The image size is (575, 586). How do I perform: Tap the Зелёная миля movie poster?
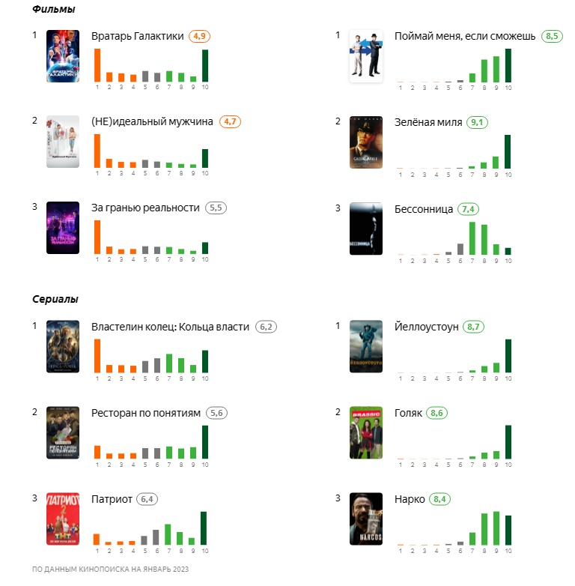click(366, 142)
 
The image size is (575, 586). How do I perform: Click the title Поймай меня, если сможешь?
click(464, 36)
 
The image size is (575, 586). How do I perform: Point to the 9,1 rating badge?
click(476, 122)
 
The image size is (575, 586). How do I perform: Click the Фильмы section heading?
click(54, 9)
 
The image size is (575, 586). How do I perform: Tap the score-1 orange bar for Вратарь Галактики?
click(97, 65)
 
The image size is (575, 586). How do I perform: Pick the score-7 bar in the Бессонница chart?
click(472, 238)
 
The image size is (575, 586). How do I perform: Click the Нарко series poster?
click(366, 519)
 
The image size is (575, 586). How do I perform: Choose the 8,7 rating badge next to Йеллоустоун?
click(474, 327)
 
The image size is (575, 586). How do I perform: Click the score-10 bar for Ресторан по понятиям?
click(205, 441)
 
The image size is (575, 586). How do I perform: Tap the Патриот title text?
click(112, 499)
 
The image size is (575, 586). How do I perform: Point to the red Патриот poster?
click(63, 519)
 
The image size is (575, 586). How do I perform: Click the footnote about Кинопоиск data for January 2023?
click(111, 570)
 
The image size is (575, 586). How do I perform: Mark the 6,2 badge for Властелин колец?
click(266, 327)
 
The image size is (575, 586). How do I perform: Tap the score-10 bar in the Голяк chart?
click(508, 441)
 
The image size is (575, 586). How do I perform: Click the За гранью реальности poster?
click(63, 229)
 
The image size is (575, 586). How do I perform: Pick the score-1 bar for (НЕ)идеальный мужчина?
click(97, 151)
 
